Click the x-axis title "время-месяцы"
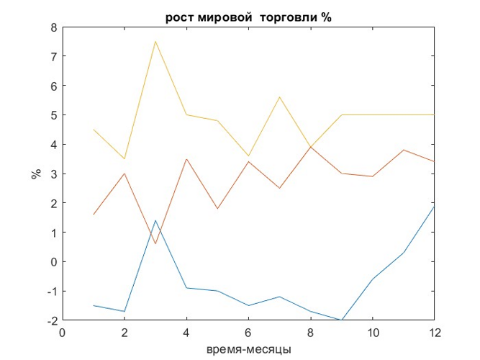click(248, 349)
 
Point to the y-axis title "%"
click(35, 174)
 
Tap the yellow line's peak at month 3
click(155, 41)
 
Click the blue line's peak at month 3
click(155, 220)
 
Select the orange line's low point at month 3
click(155, 244)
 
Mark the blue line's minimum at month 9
click(341, 320)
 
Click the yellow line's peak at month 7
click(279, 97)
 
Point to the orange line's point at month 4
click(186, 158)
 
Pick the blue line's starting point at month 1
click(94, 305)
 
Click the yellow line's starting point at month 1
click(94, 130)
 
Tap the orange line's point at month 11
click(403, 150)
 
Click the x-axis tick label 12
click(434, 333)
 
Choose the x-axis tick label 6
click(248, 333)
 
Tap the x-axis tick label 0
click(63, 333)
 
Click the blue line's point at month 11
click(403, 253)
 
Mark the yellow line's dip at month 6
click(248, 156)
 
